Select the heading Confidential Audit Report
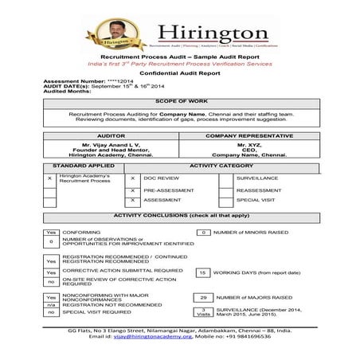(x=179, y=72)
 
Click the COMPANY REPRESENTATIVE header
(x=248, y=136)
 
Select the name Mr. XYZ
(x=248, y=144)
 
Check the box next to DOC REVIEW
(x=133, y=178)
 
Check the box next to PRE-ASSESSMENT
(x=133, y=191)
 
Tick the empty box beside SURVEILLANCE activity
(x=225, y=178)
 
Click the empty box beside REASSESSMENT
(x=225, y=191)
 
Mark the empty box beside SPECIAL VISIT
(x=225, y=202)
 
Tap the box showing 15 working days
(x=203, y=272)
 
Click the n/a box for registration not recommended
(x=51, y=304)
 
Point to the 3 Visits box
(x=203, y=311)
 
